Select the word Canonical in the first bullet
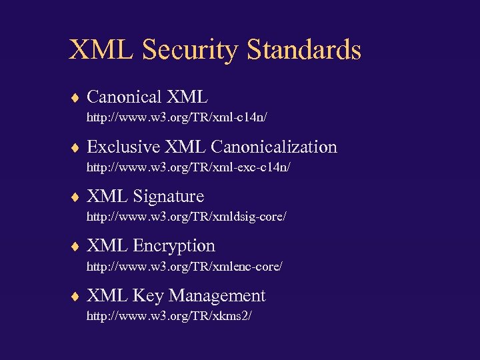[125, 97]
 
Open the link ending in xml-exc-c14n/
[189, 168]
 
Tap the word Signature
[169, 197]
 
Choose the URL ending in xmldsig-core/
[187, 217]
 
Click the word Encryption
[174, 246]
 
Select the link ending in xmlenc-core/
[185, 267]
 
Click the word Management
[217, 296]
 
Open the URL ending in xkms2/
[169, 316]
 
